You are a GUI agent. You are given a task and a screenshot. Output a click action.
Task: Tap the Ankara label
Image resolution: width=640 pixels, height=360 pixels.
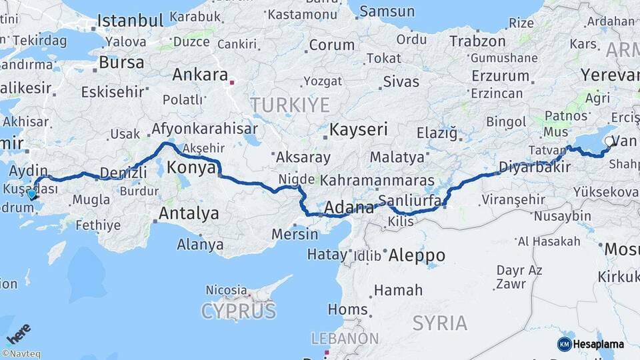tap(200, 75)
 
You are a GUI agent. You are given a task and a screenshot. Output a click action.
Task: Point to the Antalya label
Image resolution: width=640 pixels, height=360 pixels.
tap(189, 214)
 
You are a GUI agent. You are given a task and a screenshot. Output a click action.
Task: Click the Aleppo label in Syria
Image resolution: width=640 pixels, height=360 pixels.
tap(416, 255)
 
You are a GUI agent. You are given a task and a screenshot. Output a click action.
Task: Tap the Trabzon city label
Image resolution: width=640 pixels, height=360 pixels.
tap(477, 41)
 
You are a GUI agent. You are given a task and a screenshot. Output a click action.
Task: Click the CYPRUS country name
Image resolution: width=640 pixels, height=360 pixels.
tap(239, 311)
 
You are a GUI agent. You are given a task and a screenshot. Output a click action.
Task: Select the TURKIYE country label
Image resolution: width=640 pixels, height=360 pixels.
tap(290, 105)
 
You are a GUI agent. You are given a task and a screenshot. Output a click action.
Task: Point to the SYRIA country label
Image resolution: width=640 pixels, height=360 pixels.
tap(439, 323)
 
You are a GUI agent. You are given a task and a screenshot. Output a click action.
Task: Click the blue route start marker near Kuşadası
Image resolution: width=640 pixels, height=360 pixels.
tap(31, 194)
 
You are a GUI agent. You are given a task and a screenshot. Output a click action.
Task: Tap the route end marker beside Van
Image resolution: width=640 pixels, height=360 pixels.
tap(611, 141)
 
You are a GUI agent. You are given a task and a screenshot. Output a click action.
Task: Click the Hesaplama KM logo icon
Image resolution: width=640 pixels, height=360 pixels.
tap(564, 344)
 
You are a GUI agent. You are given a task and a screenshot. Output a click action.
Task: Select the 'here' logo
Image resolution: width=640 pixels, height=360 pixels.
tap(18, 333)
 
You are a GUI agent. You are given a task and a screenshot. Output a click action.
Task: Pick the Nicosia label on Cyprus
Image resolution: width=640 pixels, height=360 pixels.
tap(227, 291)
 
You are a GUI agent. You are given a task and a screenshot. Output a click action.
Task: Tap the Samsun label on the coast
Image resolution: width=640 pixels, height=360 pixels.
tap(386, 11)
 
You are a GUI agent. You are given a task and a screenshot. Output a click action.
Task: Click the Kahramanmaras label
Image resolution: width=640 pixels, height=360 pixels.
tap(373, 181)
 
